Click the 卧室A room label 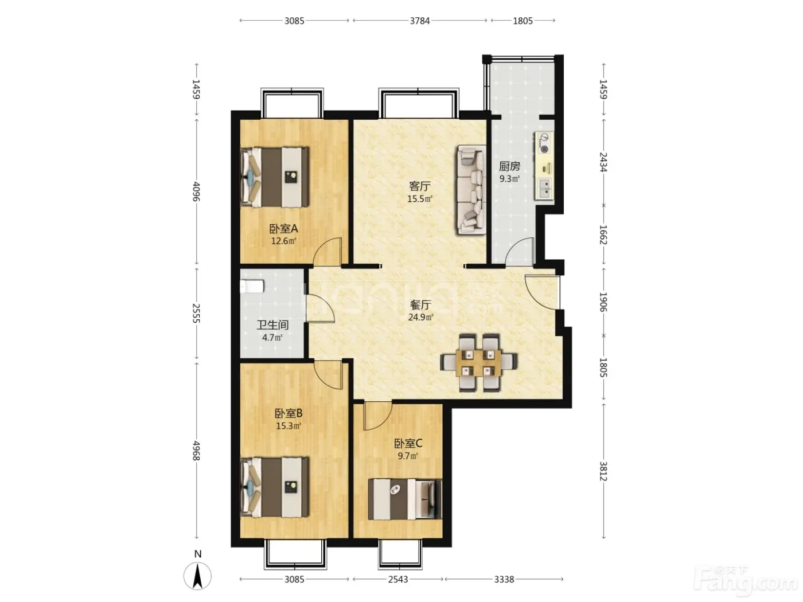(x=283, y=229)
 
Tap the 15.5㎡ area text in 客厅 (x=420, y=199)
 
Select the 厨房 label (x=509, y=167)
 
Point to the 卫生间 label (x=272, y=325)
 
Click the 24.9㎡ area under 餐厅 (x=420, y=317)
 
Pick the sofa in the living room (x=471, y=189)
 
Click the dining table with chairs (x=479, y=362)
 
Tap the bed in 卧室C (x=405, y=499)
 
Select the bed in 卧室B (x=274, y=487)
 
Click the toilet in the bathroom (x=252, y=286)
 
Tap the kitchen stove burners (x=544, y=143)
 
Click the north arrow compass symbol (x=197, y=576)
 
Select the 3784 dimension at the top (x=420, y=21)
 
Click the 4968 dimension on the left (x=197, y=451)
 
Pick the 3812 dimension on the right (x=603, y=471)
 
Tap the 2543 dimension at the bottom (x=397, y=579)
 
